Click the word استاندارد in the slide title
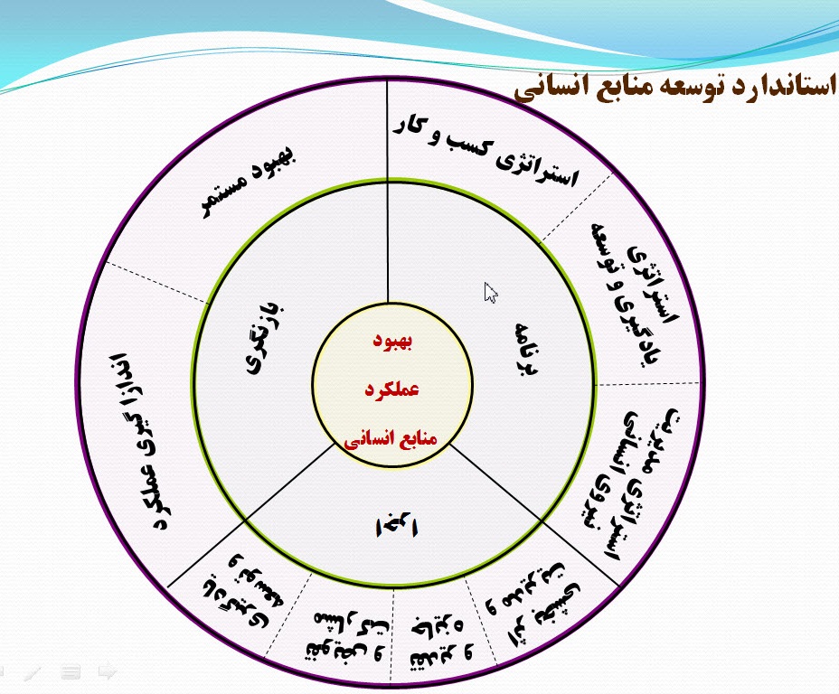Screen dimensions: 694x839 pos(782,89)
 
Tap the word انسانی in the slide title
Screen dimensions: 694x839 pos(552,89)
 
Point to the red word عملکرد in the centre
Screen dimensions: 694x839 pos(391,390)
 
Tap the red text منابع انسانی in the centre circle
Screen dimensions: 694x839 pos(391,439)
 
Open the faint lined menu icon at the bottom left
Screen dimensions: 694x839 pos(71,671)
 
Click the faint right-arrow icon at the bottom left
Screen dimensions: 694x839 pos(108,671)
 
